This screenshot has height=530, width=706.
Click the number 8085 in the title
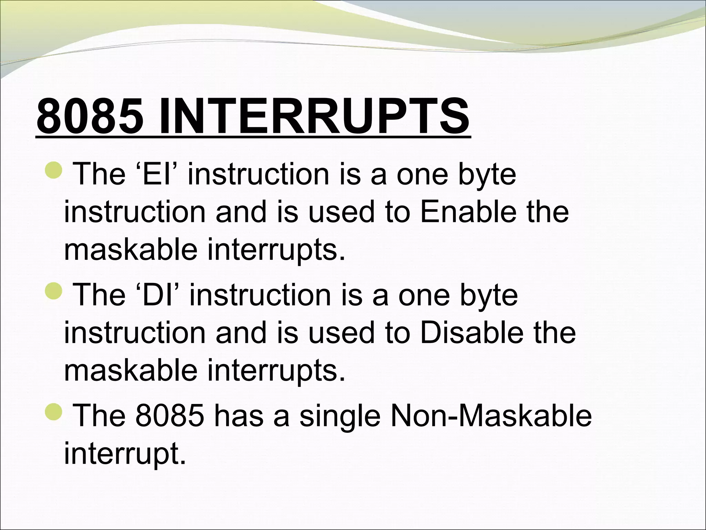(90, 117)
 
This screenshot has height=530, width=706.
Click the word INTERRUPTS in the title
(314, 117)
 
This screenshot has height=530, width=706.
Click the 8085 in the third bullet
(169, 416)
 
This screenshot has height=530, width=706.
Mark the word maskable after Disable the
(130, 370)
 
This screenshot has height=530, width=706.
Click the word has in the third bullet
(239, 416)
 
